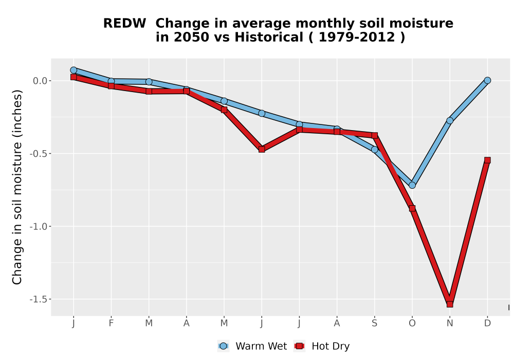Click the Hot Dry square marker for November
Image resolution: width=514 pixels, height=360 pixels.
click(x=450, y=304)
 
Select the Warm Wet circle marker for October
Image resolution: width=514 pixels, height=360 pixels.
click(x=412, y=185)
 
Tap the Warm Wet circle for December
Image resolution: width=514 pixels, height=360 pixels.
click(x=487, y=80)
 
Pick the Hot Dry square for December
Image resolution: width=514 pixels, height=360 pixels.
click(x=487, y=160)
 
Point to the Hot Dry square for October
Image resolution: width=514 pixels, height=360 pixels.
click(x=412, y=208)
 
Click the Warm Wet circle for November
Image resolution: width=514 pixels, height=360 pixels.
click(x=450, y=121)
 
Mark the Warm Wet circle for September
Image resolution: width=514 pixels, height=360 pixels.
click(x=375, y=150)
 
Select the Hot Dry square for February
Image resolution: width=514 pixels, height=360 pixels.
click(x=111, y=86)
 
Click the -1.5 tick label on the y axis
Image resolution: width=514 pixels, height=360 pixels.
click(x=39, y=299)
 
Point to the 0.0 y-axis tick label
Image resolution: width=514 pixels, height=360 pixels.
click(x=40, y=81)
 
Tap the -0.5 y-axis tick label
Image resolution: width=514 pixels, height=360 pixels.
click(x=39, y=153)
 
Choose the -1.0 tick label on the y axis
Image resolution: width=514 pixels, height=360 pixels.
click(x=39, y=226)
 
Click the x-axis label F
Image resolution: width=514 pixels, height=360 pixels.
click(x=111, y=323)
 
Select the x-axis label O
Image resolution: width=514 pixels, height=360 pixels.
click(x=412, y=323)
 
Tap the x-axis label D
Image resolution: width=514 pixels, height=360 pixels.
click(x=487, y=323)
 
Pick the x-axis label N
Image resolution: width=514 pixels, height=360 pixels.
click(x=450, y=323)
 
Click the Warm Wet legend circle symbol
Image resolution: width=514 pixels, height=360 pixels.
click(x=223, y=346)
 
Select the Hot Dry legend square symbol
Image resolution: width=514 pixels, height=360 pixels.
click(x=299, y=346)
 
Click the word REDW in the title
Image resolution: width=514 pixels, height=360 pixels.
click(x=124, y=24)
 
